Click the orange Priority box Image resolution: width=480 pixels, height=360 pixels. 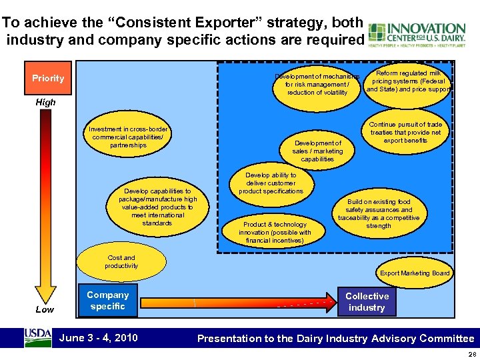tap(48, 78)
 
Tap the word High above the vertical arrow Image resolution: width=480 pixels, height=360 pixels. tap(46, 103)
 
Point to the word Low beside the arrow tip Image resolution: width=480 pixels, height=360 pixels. tap(45, 309)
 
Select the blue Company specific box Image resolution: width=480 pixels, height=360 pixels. tap(107, 301)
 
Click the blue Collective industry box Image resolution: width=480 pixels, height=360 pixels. tap(367, 301)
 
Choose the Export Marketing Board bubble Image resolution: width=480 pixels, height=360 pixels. tap(415, 273)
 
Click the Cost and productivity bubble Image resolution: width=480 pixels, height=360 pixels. tap(121, 262)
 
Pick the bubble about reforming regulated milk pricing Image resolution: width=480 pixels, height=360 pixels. tap(408, 81)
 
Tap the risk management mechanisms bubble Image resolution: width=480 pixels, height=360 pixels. tap(317, 85)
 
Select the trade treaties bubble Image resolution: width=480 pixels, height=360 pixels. tap(406, 133)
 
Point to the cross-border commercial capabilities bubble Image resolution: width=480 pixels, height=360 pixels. tap(128, 137)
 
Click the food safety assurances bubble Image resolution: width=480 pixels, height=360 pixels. tap(379, 213)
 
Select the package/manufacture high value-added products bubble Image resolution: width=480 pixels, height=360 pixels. tap(157, 207)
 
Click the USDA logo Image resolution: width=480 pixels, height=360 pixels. tap(38, 337)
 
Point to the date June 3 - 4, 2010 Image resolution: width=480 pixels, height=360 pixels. tap(99, 337)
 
